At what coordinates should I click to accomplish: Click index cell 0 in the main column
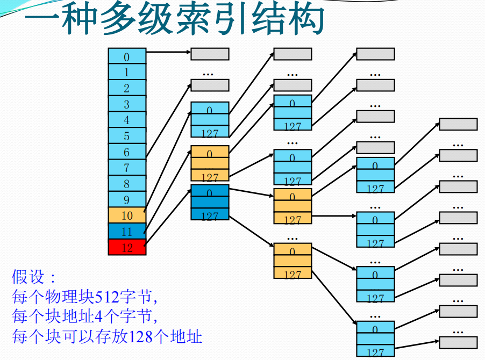(127, 56)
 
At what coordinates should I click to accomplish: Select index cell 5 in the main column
(127, 136)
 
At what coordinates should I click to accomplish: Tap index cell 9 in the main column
(127, 199)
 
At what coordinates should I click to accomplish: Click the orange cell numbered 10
(127, 215)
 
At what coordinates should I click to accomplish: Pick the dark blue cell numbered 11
(127, 232)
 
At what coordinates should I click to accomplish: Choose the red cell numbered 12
(127, 247)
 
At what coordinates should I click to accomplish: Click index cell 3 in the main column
(127, 104)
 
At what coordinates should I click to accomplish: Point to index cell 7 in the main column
(127, 168)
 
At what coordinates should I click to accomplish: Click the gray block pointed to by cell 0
(210, 54)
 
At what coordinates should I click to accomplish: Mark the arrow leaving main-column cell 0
(168, 53)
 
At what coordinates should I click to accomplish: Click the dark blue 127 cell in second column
(210, 215)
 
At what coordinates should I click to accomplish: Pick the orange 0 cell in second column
(210, 153)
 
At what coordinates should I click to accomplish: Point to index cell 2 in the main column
(127, 88)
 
